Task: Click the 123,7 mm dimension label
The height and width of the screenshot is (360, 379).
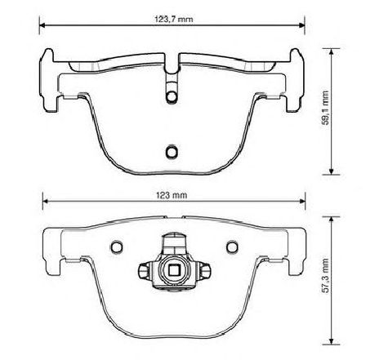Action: [x=174, y=20]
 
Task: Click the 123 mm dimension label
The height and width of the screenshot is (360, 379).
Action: [x=172, y=195]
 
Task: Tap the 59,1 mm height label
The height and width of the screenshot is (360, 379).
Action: [x=326, y=108]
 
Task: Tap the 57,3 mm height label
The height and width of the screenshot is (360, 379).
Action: [x=326, y=276]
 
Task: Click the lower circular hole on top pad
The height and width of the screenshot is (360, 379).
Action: [x=172, y=152]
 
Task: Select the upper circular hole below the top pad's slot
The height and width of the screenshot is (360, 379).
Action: [x=172, y=96]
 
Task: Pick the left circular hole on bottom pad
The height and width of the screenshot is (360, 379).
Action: [x=117, y=247]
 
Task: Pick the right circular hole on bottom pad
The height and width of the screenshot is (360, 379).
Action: [x=232, y=247]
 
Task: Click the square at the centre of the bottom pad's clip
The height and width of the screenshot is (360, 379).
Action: [x=174, y=270]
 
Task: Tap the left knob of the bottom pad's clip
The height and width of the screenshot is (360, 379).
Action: [x=144, y=271]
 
